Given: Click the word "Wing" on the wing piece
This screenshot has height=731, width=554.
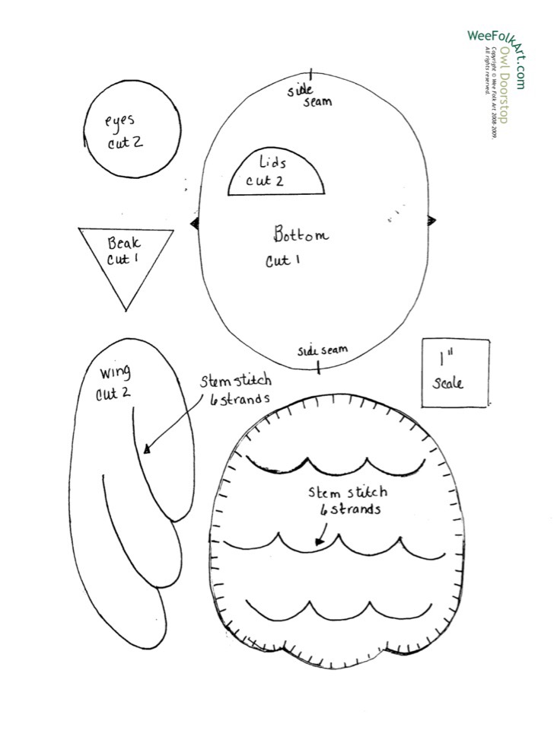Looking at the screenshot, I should point(115,372).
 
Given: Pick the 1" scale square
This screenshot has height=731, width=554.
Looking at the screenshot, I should point(455,373).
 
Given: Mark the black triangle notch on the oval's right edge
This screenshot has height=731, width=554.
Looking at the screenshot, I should point(431,221).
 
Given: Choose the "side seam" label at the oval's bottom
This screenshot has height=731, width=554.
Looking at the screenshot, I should point(323,350).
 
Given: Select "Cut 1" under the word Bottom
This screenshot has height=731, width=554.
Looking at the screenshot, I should point(282,261).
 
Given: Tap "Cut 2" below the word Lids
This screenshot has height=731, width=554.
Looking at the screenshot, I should point(265,181).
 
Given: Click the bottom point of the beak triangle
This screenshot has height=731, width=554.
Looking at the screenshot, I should point(126,308).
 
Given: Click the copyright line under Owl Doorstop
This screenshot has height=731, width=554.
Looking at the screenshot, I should point(492,91).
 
